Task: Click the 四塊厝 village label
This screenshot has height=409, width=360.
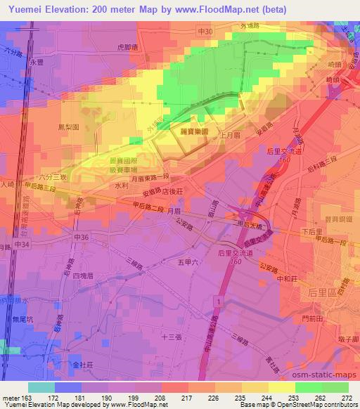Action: (84, 276)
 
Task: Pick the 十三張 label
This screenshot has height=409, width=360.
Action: (172, 337)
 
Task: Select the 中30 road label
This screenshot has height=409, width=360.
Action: (205, 32)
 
